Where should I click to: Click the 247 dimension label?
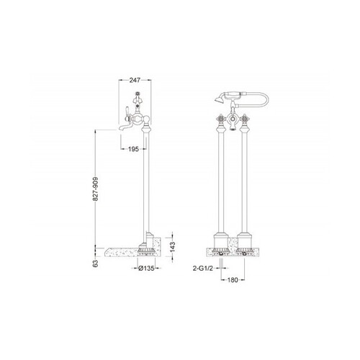click(135, 80)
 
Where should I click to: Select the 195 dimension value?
click(133, 149)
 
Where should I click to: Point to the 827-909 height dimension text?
click(96, 189)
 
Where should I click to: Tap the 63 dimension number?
click(96, 264)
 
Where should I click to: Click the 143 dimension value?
click(173, 247)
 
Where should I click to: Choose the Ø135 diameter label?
click(146, 269)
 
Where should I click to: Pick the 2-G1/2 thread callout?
click(203, 269)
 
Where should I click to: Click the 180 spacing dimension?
click(233, 280)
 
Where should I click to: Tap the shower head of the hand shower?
click(218, 99)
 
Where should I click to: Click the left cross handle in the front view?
click(221, 118)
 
